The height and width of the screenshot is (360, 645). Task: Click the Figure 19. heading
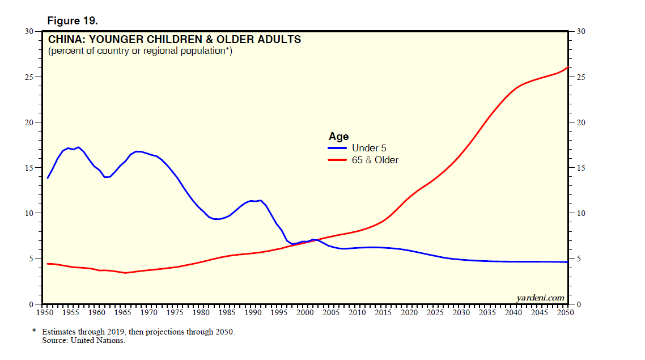73,20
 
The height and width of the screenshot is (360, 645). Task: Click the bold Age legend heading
338,137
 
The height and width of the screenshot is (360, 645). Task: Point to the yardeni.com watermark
540,298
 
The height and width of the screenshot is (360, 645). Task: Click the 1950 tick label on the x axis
45,312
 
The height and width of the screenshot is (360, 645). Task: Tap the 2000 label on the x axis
305,312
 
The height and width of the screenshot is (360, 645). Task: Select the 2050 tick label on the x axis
565,312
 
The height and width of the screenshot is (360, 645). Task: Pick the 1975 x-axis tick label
175,312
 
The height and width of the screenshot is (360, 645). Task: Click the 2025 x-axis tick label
435,312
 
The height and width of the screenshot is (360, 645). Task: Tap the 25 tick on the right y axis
581,77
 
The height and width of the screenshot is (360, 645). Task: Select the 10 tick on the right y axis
581,214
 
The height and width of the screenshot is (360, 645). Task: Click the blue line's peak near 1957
78,147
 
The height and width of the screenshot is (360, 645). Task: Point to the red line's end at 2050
567,67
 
